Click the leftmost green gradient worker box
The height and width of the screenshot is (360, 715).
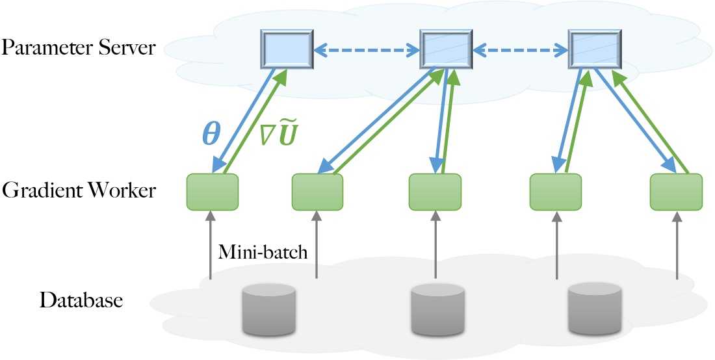(213, 192)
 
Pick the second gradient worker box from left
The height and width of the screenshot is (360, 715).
(317, 192)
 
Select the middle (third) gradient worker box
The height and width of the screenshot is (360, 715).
(435, 192)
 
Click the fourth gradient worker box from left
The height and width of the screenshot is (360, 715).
(556, 192)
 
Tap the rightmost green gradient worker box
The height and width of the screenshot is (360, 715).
(677, 192)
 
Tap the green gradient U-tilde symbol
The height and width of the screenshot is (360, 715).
(278, 136)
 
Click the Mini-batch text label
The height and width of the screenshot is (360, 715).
(263, 251)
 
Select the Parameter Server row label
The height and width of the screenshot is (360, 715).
(78, 47)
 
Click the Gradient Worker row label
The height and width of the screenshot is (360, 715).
(78, 190)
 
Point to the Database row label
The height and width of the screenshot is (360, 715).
(81, 301)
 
